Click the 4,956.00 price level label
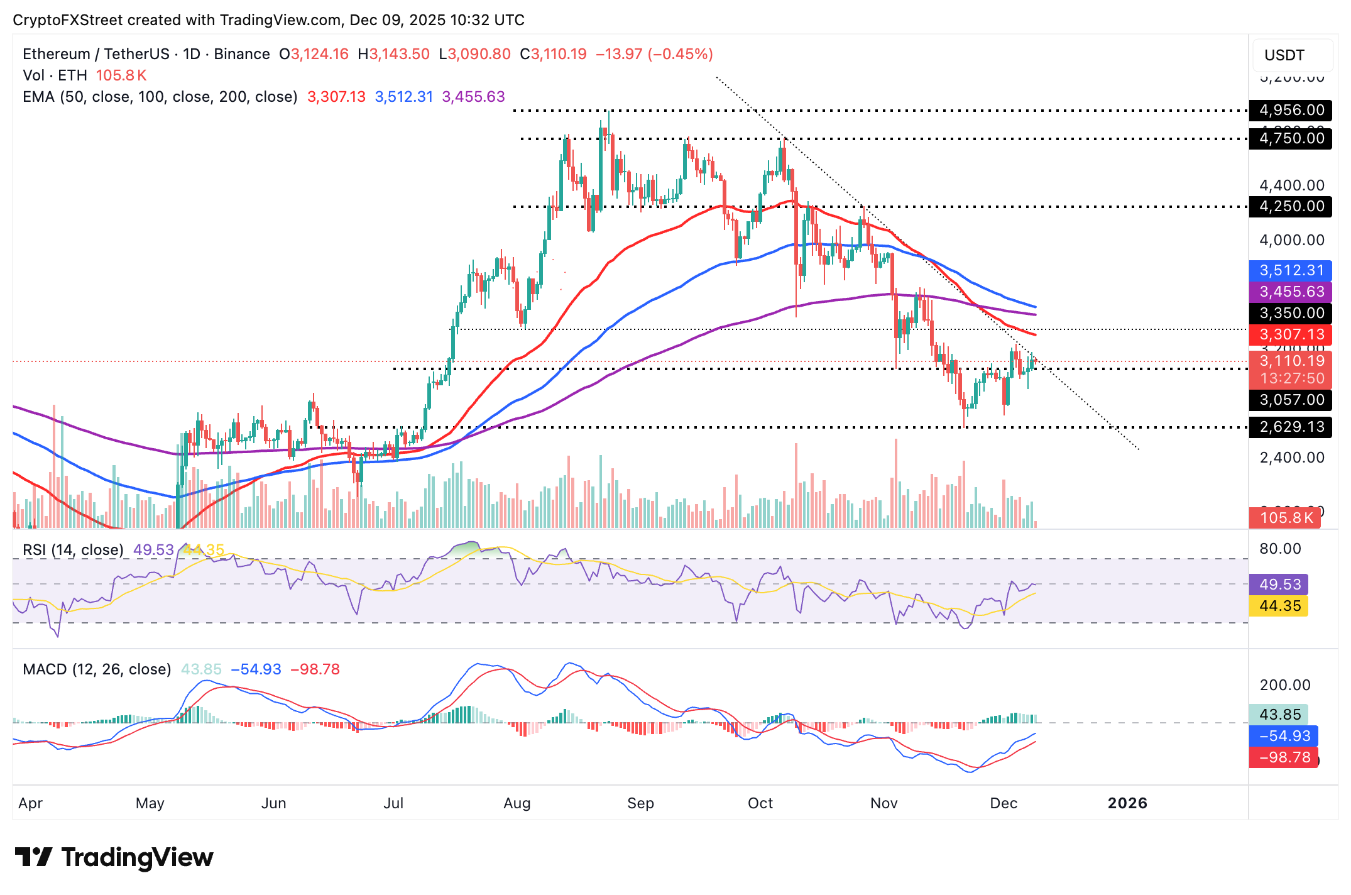click(x=1291, y=110)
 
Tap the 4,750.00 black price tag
click(x=1291, y=138)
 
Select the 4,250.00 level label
click(x=1291, y=206)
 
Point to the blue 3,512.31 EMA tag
click(x=1291, y=270)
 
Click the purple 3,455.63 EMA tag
click(x=1291, y=292)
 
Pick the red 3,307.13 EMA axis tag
click(x=1291, y=334)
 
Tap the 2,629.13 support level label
click(x=1291, y=427)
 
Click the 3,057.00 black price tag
click(x=1291, y=400)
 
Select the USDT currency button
click(x=1284, y=55)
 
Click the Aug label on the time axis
click(x=517, y=803)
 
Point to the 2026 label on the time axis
click(x=1127, y=803)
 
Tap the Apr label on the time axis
click(x=30, y=803)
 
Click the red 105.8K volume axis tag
click(x=1286, y=518)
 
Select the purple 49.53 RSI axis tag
click(x=1279, y=585)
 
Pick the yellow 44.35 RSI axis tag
click(x=1279, y=606)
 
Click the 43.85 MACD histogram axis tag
click(x=1279, y=715)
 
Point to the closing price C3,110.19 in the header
click(x=553, y=54)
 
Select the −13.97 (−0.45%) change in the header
click(x=654, y=54)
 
